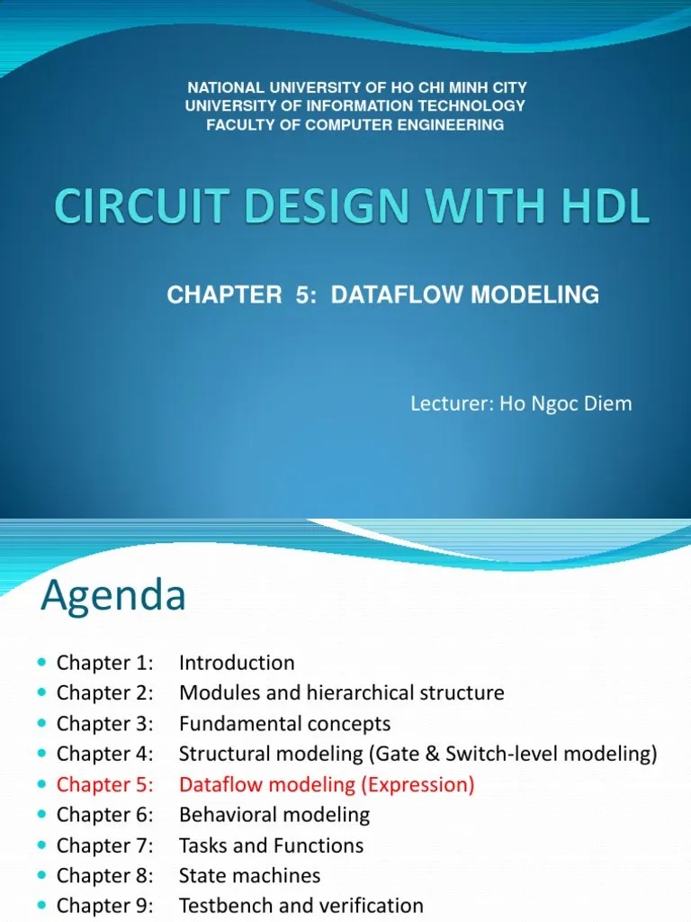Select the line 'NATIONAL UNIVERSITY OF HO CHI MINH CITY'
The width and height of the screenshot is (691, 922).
coord(356,87)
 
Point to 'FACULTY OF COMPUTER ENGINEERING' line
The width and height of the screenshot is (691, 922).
coord(355,125)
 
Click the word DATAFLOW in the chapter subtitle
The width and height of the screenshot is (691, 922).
coord(390,294)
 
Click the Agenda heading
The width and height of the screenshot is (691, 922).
coord(113,595)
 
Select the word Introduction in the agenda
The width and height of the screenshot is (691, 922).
coord(237,663)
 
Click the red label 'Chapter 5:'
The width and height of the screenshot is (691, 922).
coord(104,784)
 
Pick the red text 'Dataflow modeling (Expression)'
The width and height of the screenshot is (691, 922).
coord(327,784)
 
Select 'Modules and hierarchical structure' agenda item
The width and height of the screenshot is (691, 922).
coord(342,693)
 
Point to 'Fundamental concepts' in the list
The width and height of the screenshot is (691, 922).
coord(285,724)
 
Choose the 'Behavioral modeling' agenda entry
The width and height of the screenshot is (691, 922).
coord(274,815)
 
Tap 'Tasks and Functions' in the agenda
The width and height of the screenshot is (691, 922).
coord(272,845)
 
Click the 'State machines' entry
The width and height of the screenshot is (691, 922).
coord(249,876)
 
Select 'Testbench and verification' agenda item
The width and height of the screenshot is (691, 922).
coord(301,906)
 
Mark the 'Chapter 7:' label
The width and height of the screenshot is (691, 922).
coord(104,845)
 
